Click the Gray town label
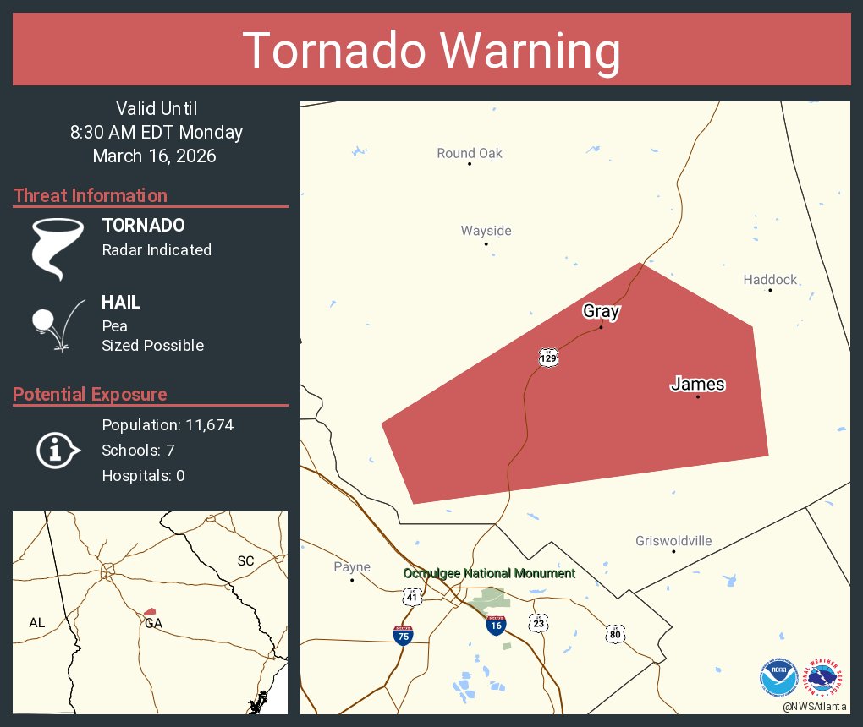[601, 311]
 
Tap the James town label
[697, 385]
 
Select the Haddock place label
[770, 280]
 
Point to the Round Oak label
[470, 153]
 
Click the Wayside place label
[486, 231]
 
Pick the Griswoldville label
[673, 541]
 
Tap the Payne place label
[352, 567]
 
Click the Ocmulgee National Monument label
[489, 573]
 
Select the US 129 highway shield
[548, 358]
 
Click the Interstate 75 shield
[404, 635]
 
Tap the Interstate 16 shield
[496, 626]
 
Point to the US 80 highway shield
[615, 633]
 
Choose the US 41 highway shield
[412, 598]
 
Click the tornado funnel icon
[57, 249]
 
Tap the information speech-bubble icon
[57, 451]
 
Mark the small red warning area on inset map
[150, 611]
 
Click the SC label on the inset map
[245, 561]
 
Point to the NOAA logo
[778, 678]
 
